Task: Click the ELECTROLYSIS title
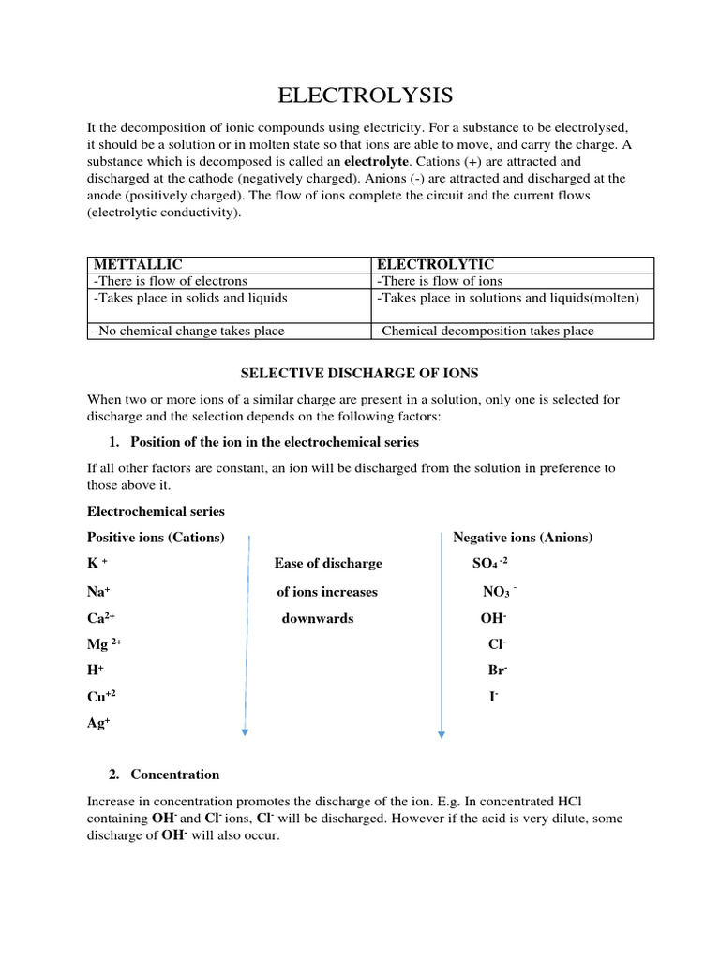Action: (366, 96)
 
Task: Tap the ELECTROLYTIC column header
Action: (434, 265)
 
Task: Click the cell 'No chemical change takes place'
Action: (187, 331)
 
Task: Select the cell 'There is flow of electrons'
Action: (170, 281)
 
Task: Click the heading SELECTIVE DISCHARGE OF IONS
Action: (360, 373)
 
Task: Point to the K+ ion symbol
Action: (97, 564)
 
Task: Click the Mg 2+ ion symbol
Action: (104, 644)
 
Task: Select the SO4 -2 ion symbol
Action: (490, 564)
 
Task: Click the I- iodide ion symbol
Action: (493, 698)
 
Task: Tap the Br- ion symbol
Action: (497, 671)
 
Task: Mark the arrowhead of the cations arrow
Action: (245, 732)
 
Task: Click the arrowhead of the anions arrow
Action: (442, 735)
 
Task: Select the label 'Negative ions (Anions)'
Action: (522, 538)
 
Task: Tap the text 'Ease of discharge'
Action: (328, 564)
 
